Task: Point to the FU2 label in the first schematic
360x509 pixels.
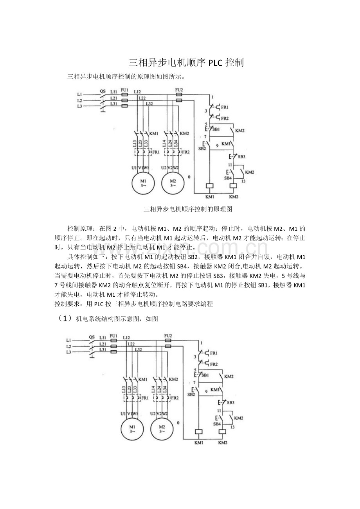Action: point(179,90)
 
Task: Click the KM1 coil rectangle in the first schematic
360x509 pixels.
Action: point(210,186)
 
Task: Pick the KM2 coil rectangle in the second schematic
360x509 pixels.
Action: point(223,432)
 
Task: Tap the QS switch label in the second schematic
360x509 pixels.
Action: point(92,337)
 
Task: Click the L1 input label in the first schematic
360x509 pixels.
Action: point(80,94)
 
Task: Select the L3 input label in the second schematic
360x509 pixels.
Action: point(68,352)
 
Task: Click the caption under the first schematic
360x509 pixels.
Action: point(188,209)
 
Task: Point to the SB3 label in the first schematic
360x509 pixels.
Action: point(241,156)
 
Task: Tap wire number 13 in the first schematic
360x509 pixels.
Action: point(243,181)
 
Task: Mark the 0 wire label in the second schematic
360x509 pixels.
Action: point(178,423)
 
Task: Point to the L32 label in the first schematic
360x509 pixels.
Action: point(149,104)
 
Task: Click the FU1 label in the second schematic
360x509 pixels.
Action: point(113,336)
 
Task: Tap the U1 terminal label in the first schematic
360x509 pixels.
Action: point(134,167)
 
